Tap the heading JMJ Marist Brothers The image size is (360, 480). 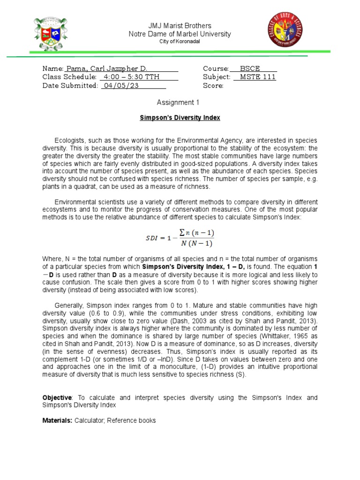180,25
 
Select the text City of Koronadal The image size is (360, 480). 180,42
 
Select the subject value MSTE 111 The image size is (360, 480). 257,77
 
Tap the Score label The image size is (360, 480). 213,85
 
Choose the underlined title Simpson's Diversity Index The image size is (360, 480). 180,118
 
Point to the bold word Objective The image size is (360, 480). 57,397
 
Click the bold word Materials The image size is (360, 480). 57,420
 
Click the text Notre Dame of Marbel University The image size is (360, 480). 180,34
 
